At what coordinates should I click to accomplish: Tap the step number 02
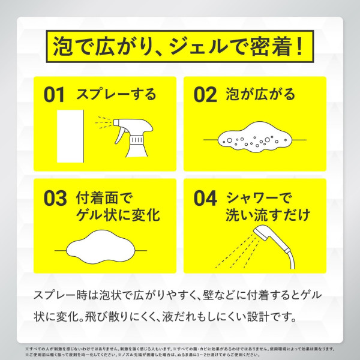click(205, 95)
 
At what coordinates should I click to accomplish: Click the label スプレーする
click(116, 95)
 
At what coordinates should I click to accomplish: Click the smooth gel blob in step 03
click(100, 246)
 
